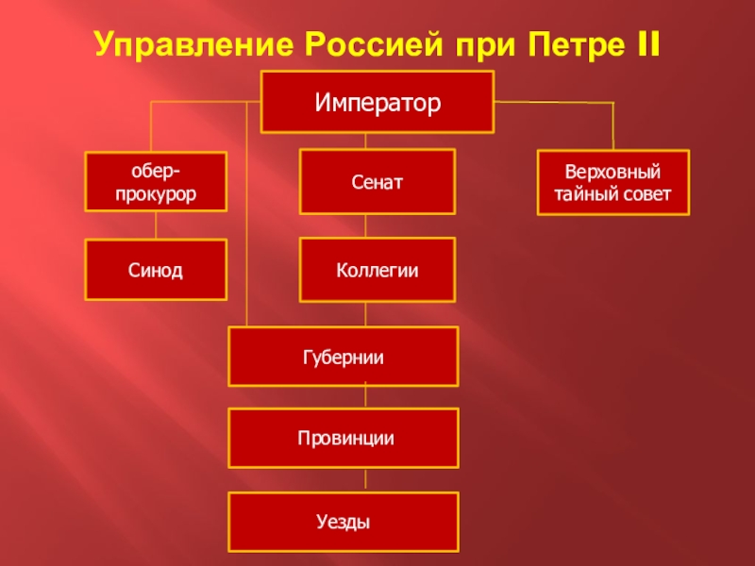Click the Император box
[x=377, y=102]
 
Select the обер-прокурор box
[x=156, y=182]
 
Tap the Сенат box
[x=377, y=181]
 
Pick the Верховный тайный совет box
[x=613, y=182]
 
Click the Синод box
[x=156, y=270]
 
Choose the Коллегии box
[x=377, y=270]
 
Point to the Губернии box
[x=344, y=357]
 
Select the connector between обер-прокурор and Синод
[x=155, y=225]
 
